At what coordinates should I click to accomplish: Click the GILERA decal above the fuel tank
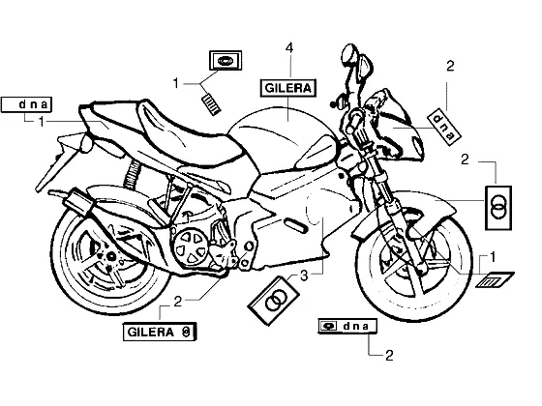tap(288, 88)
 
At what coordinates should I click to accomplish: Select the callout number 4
tap(289, 48)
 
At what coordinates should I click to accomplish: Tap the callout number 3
tap(304, 275)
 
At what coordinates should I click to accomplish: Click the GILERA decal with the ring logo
tap(160, 332)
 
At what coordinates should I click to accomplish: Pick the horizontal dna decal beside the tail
tap(27, 104)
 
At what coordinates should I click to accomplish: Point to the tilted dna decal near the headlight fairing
tap(444, 127)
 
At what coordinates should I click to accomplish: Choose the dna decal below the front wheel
tap(347, 326)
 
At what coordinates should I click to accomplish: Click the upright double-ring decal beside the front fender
tap(498, 208)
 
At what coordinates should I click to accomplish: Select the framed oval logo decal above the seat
tap(226, 61)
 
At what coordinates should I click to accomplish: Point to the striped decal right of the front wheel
tap(495, 279)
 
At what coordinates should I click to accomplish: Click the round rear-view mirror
tap(348, 54)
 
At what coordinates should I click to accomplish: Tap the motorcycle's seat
tap(163, 131)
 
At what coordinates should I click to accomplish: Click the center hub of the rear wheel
tap(110, 256)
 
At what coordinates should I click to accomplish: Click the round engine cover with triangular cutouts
tap(192, 247)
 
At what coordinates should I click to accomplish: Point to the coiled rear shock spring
tap(132, 175)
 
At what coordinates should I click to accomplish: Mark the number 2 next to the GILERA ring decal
tap(177, 302)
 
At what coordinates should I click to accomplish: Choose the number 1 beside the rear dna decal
tap(41, 122)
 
